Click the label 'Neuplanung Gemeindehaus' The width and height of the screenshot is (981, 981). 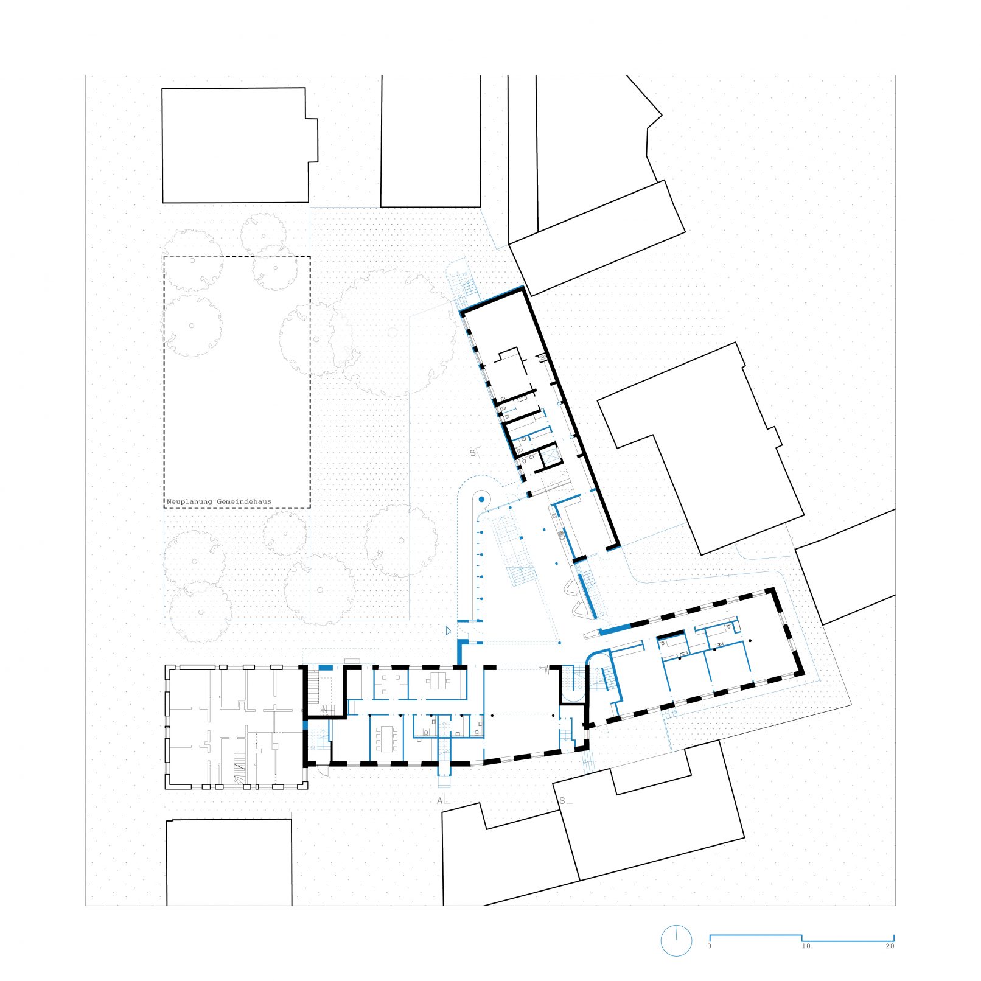[219, 502]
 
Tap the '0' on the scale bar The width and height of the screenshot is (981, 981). [710, 946]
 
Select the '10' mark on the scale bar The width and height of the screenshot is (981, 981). [806, 946]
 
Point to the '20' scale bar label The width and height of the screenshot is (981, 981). [890, 946]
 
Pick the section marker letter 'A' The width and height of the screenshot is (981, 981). [440, 801]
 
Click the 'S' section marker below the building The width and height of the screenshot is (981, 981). [562, 800]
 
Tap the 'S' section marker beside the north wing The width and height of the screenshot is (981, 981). [473, 453]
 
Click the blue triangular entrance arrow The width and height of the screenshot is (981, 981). [448, 631]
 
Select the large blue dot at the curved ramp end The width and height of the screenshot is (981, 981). [481, 500]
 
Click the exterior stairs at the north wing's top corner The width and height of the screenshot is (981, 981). [463, 285]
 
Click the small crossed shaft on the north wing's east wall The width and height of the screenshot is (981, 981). [543, 358]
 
